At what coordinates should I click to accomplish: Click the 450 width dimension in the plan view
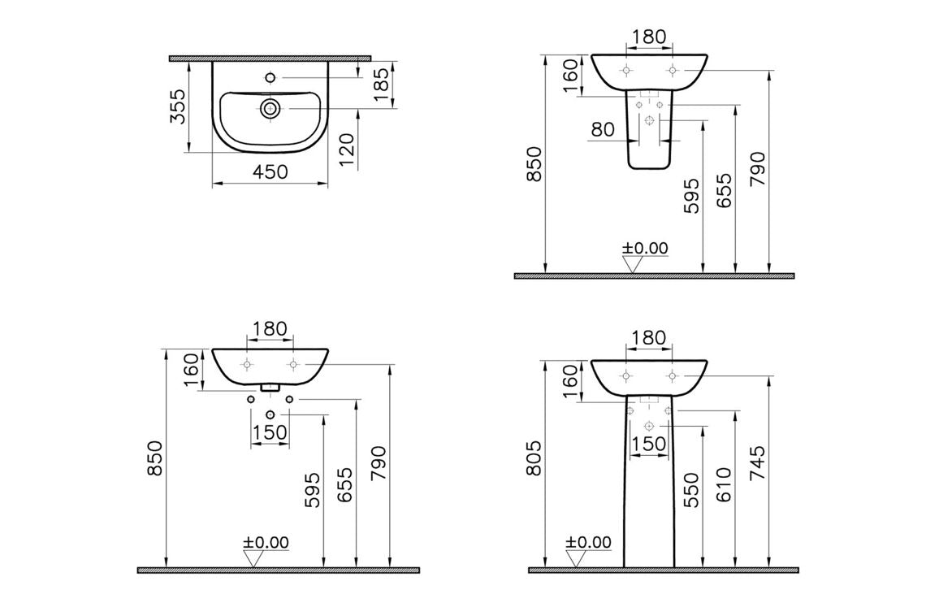[270, 172]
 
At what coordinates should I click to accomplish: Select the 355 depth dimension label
[179, 106]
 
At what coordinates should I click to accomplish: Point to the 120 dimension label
[347, 150]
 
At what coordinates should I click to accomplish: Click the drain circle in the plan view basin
[270, 107]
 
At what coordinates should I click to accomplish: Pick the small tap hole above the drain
[270, 79]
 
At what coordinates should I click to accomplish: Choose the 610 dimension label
[725, 484]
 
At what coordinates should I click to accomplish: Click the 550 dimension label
[691, 489]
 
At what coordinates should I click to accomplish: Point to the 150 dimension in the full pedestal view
[647, 444]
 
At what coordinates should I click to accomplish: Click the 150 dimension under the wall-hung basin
[270, 433]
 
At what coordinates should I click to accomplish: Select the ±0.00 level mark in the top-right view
[644, 248]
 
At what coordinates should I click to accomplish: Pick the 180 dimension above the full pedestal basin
[647, 337]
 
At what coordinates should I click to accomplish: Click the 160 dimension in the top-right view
[571, 75]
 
